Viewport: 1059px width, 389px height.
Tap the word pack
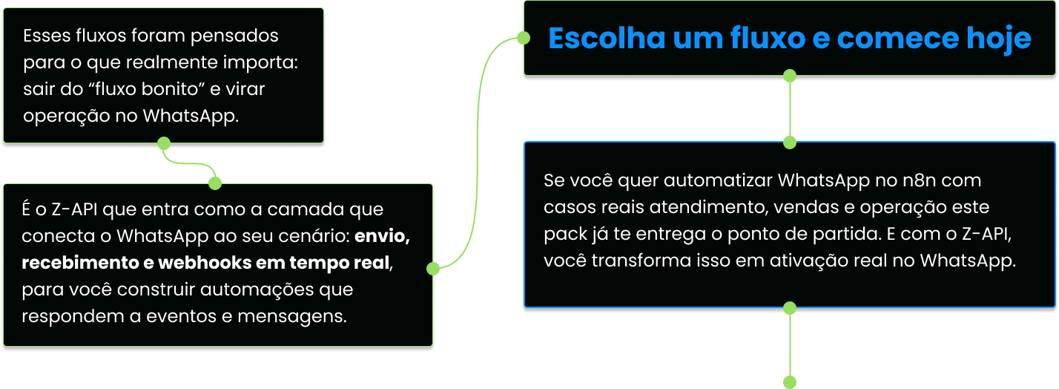[x=562, y=234]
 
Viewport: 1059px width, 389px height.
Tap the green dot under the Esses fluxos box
[x=165, y=143]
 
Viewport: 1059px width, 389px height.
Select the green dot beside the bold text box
[x=434, y=269]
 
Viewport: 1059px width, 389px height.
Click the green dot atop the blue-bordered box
[x=790, y=142]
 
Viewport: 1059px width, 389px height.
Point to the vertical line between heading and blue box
[x=790, y=108]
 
